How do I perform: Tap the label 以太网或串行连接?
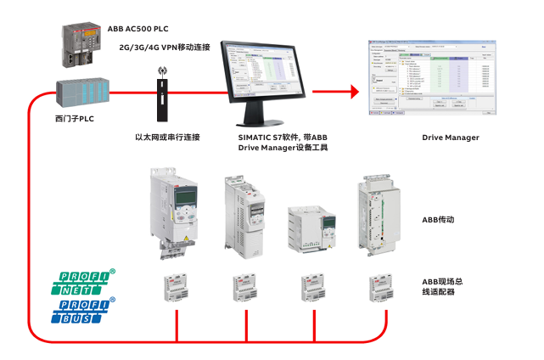coord(167,137)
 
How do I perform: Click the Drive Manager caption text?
coord(451,137)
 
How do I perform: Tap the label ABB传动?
coord(439,218)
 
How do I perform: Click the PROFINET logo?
coord(84,281)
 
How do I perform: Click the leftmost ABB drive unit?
coord(173,211)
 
